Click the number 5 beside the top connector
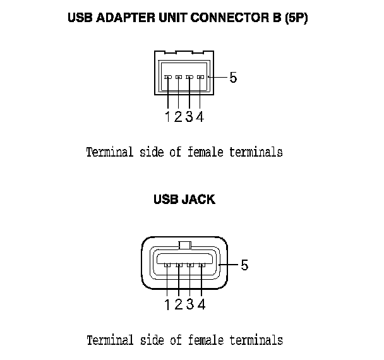pyautogui.click(x=233, y=78)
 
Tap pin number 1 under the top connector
pyautogui.click(x=168, y=116)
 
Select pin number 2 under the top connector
pyautogui.click(x=178, y=116)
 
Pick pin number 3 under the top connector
pyautogui.click(x=189, y=116)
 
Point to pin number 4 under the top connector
pyautogui.click(x=200, y=116)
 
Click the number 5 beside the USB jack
pyautogui.click(x=244, y=265)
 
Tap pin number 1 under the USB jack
pyautogui.click(x=168, y=304)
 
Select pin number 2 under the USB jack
pyautogui.click(x=179, y=304)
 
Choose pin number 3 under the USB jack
pyautogui.click(x=189, y=304)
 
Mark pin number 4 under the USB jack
pyautogui.click(x=201, y=304)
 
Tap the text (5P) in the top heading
pyautogui.click(x=295, y=18)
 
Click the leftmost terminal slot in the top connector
pyautogui.click(x=168, y=78)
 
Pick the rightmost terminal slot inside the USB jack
pyautogui.click(x=201, y=265)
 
